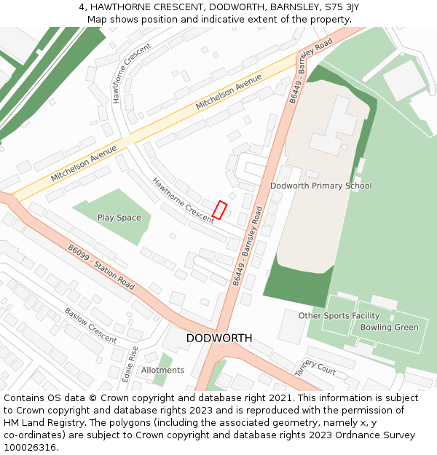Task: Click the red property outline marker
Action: (219, 210)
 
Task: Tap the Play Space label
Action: (119, 218)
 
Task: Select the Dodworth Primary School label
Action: (320, 186)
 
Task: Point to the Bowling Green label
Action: (390, 328)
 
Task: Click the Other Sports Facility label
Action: (339, 316)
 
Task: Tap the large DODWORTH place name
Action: (219, 339)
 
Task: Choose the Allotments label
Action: (162, 371)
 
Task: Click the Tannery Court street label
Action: (315, 367)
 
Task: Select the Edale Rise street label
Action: (131, 364)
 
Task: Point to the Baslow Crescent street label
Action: (90, 325)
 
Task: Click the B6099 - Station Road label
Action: (101, 267)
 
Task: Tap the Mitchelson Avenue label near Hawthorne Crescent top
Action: (228, 92)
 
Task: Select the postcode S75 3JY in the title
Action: (340, 7)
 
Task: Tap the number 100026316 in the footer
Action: (30, 448)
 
